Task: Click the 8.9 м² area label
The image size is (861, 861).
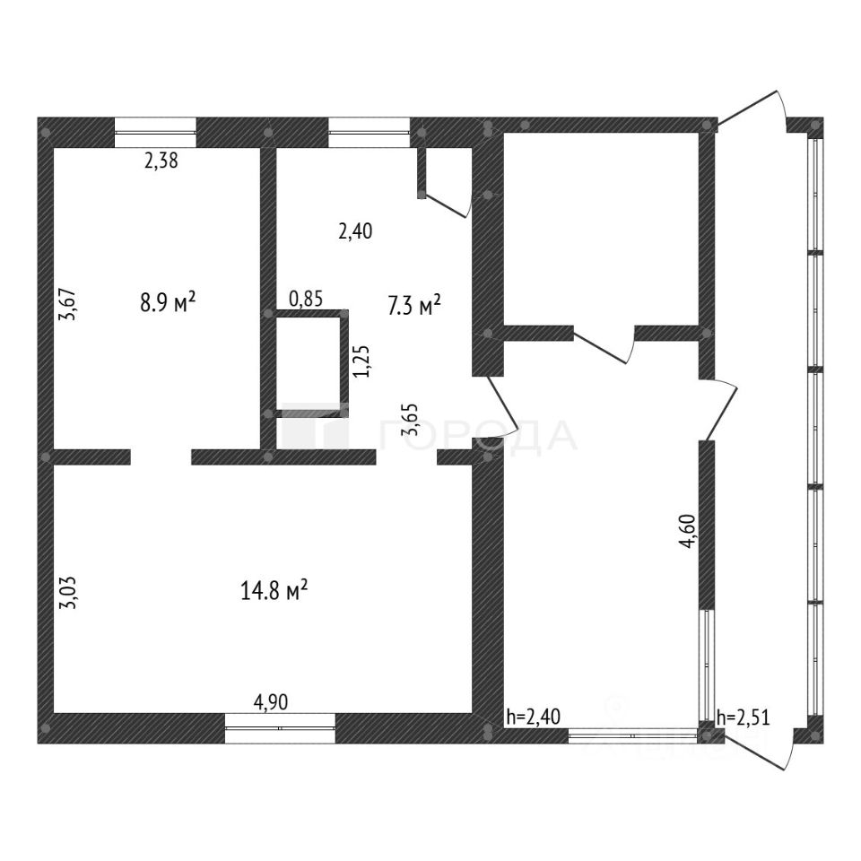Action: pyautogui.click(x=168, y=302)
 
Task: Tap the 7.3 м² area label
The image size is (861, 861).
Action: pyautogui.click(x=413, y=307)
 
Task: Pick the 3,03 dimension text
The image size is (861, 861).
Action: pyautogui.click(x=68, y=594)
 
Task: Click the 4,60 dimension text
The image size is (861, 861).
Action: pyautogui.click(x=688, y=529)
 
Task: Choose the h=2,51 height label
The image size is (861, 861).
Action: pyautogui.click(x=744, y=717)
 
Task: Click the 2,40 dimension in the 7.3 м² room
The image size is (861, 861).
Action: pyautogui.click(x=355, y=231)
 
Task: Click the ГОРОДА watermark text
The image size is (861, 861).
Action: pyautogui.click(x=475, y=436)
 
